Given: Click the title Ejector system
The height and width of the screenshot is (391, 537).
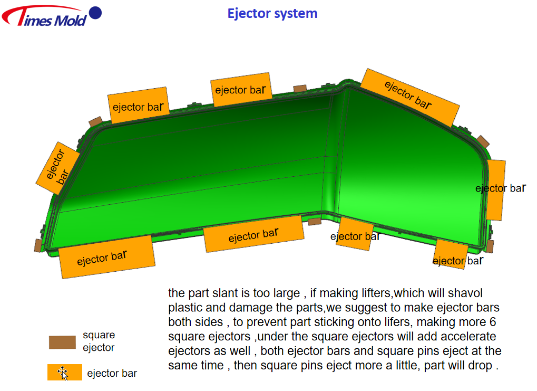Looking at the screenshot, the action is pos(272,14).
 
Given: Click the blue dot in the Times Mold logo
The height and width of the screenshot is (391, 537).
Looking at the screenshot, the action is pos(95,13).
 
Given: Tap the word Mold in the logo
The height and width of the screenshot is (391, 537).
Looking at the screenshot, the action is pos(71,21).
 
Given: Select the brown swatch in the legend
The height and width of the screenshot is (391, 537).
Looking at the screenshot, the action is pos(62,342).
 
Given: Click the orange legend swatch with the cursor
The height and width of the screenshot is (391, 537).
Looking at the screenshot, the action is pos(65,372).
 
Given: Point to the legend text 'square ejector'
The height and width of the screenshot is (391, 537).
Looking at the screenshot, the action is pos(99,341).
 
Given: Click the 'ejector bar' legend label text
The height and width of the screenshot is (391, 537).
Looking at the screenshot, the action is pos(112,373).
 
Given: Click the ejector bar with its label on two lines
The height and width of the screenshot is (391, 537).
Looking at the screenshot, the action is pos(58,168).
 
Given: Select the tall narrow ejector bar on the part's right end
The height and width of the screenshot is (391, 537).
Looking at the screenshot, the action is pos(495,189).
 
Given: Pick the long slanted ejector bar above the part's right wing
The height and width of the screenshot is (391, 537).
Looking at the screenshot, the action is pos(410,98).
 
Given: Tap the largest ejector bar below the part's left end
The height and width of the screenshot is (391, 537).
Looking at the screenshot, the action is pos(107,257).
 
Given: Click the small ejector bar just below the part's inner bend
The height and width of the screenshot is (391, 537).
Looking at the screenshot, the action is pos(355,234).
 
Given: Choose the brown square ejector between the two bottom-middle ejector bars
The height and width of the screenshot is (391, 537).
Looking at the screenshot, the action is pos(315,221).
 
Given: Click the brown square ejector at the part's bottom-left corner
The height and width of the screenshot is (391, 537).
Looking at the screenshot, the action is pos(38,245).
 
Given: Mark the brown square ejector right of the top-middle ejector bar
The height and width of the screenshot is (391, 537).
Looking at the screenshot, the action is pos(300,89).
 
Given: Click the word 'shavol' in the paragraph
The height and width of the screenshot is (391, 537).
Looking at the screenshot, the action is pos(465,293).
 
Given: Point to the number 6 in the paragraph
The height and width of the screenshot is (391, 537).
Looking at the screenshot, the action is pos(493,322).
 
